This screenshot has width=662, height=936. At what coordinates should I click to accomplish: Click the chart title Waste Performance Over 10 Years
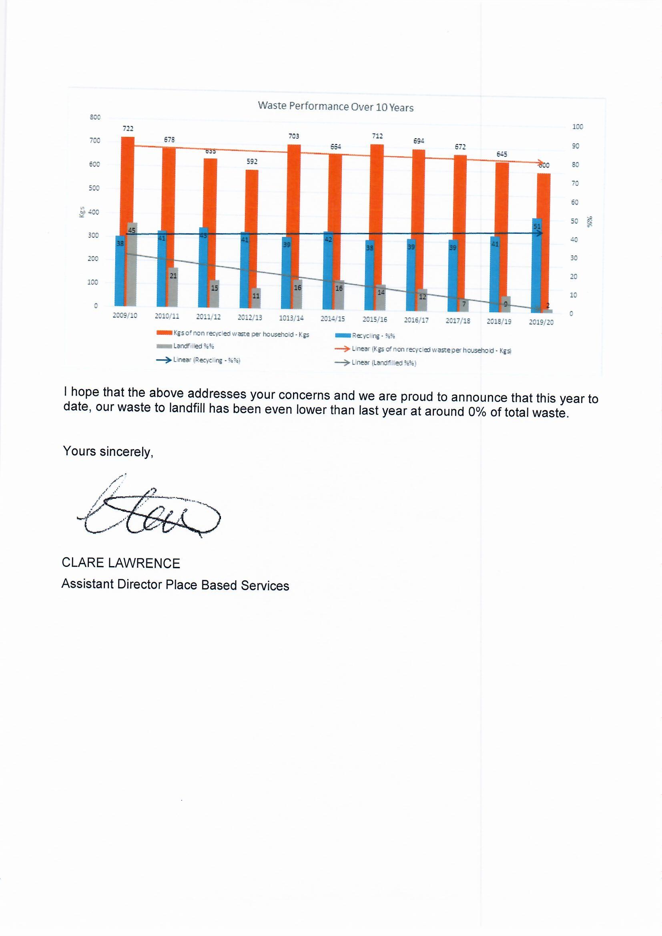335,106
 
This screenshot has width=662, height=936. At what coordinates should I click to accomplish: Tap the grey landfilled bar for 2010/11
173,287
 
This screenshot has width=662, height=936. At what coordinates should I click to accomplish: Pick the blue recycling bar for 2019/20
537,265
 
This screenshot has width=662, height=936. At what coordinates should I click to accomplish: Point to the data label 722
128,129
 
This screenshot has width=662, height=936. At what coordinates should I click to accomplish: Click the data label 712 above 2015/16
377,136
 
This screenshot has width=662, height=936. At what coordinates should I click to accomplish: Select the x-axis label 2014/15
332,319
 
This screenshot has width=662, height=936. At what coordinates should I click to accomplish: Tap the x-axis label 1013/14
291,318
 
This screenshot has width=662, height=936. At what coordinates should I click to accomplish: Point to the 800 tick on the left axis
95,117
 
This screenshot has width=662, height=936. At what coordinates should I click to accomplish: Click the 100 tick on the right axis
577,127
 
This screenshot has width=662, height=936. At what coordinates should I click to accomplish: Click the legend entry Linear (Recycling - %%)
206,360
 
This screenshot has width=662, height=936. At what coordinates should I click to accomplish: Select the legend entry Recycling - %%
373,336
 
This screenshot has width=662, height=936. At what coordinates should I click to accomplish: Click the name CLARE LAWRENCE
120,563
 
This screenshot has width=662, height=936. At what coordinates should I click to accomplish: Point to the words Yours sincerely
108,451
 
